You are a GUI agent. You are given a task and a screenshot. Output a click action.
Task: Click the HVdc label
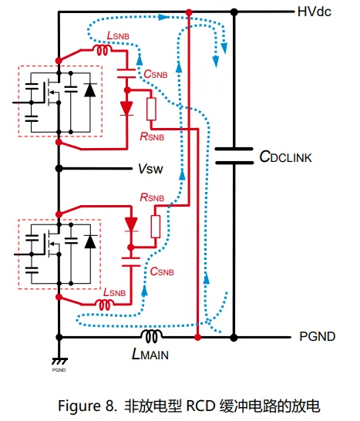pos(314,12)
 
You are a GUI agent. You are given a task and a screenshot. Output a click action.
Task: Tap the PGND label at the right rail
pos(318,336)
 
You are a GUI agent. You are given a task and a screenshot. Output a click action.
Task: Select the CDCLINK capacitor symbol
pos(234,156)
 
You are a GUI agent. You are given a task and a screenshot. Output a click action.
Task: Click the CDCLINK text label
pos(286,157)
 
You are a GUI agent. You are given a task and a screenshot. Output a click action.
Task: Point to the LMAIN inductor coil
pos(151,336)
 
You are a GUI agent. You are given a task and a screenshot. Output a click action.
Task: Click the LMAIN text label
pos(150,354)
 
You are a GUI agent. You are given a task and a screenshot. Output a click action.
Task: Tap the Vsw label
pos(150,169)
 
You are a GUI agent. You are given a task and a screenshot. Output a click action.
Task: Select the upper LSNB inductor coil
pos(103,50)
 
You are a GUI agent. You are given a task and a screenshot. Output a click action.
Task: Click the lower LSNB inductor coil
pos(105,305)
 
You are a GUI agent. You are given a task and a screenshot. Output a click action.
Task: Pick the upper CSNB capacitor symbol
pos(126,74)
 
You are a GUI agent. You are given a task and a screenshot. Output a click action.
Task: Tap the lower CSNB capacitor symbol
pos(131,262)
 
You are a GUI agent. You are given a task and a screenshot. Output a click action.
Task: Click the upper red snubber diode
pos(126,109)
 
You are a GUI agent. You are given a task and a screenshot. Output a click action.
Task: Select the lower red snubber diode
pos(131,224)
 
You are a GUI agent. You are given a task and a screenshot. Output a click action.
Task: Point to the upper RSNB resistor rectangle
pos(151,109)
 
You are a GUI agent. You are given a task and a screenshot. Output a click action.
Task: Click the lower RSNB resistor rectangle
pos(156,227)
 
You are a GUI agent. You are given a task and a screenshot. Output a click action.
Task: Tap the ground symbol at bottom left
pos(59,361)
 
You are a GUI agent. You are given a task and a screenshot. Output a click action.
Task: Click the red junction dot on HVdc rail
pos(189,12)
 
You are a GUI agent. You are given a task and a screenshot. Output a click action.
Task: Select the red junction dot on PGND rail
pos(197,337)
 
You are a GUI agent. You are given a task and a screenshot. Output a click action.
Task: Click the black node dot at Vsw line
pos(59,169)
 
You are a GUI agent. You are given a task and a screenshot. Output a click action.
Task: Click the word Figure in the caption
pos(78,406)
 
